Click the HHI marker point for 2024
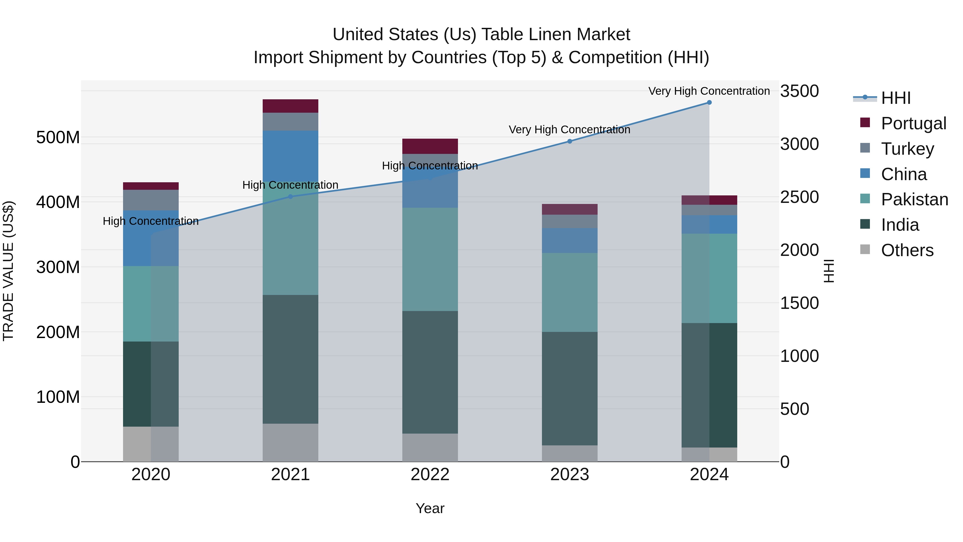tap(709, 103)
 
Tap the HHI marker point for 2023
tap(570, 141)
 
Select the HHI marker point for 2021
tap(291, 197)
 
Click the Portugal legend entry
tap(913, 123)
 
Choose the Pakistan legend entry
tap(914, 199)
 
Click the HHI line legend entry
tap(896, 98)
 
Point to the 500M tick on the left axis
tap(58, 138)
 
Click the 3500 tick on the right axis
tap(799, 91)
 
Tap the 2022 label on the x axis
tap(430, 475)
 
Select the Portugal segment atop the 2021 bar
tap(291, 106)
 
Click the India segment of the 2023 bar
tap(570, 388)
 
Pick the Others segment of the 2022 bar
tap(430, 447)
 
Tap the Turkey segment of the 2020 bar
tap(151, 200)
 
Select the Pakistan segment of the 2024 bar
tap(709, 278)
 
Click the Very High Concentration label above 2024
tap(709, 91)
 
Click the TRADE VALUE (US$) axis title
tap(9, 271)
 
